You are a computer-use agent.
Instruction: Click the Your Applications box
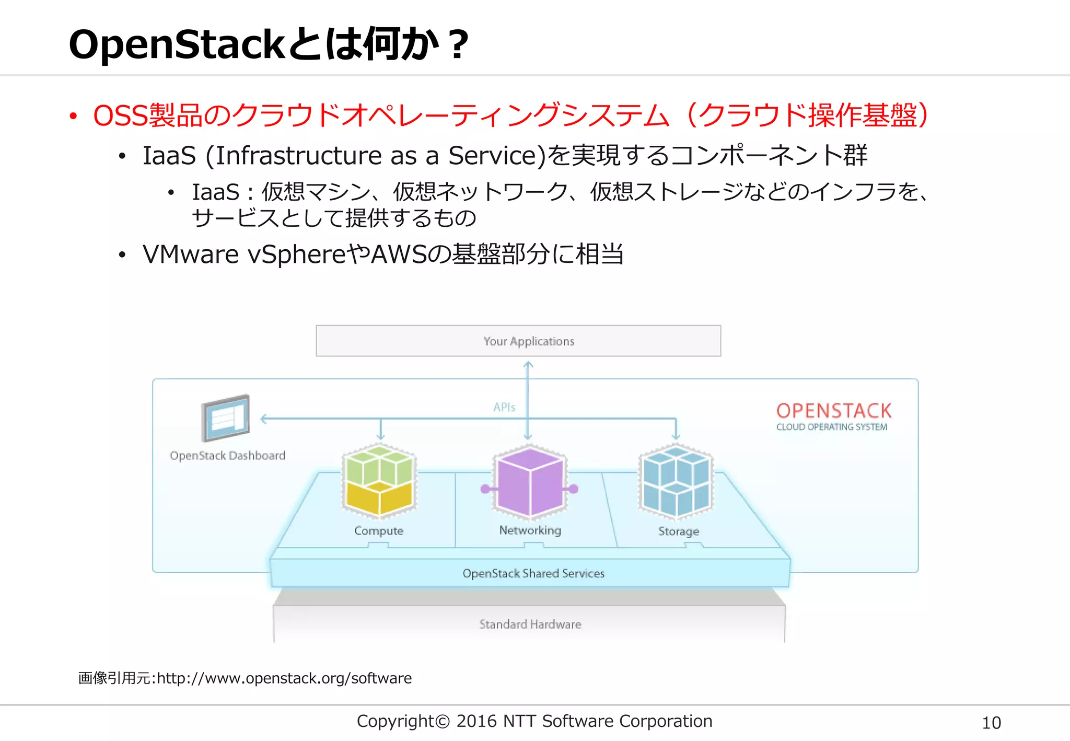coord(518,341)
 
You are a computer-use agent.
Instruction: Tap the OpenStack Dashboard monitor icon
coord(226,418)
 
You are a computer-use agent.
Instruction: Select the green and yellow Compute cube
coord(379,481)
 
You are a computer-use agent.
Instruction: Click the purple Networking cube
coord(530,482)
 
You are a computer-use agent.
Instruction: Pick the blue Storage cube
coord(676,481)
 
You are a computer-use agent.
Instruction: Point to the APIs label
coord(504,407)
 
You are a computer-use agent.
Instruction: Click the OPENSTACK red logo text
coord(834,411)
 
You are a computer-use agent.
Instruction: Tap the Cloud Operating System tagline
coord(832,427)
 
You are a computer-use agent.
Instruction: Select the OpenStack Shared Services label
coord(533,573)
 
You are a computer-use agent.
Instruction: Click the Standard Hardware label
coord(530,624)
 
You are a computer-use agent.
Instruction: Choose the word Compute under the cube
coord(379,531)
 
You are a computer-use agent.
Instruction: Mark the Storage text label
coord(679,531)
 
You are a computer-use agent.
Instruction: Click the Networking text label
coord(530,530)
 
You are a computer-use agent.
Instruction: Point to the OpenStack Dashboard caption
coord(227,456)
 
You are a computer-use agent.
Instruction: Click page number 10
coord(991,723)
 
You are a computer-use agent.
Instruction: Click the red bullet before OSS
coord(73,116)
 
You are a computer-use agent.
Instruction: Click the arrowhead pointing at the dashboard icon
coord(264,419)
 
